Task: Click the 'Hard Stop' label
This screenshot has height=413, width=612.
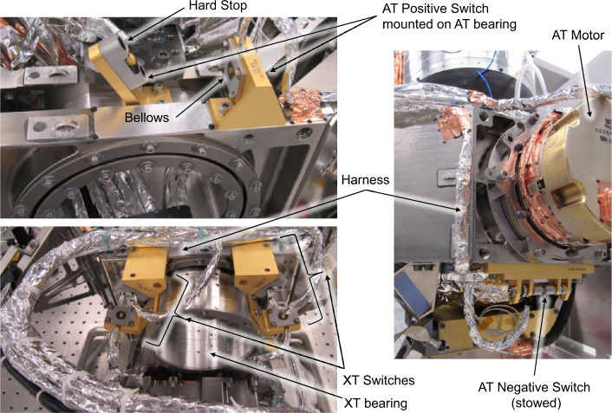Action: pyautogui.click(x=218, y=6)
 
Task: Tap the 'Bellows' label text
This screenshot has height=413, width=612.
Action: pyautogui.click(x=146, y=118)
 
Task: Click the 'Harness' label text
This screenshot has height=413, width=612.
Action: pyautogui.click(x=365, y=179)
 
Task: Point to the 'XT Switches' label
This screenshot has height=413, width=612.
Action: pyautogui.click(x=379, y=380)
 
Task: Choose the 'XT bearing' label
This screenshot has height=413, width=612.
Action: pyautogui.click(x=375, y=403)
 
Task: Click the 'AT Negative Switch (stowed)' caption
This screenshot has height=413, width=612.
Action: pyautogui.click(x=534, y=395)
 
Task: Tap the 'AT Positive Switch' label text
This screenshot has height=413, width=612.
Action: pyautogui.click(x=435, y=8)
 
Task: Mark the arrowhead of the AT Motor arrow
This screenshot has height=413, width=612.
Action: pyautogui.click(x=590, y=114)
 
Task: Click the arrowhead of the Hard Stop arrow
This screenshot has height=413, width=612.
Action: pyautogui.click(x=129, y=39)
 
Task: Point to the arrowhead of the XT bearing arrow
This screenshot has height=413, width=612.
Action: pyautogui.click(x=211, y=353)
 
